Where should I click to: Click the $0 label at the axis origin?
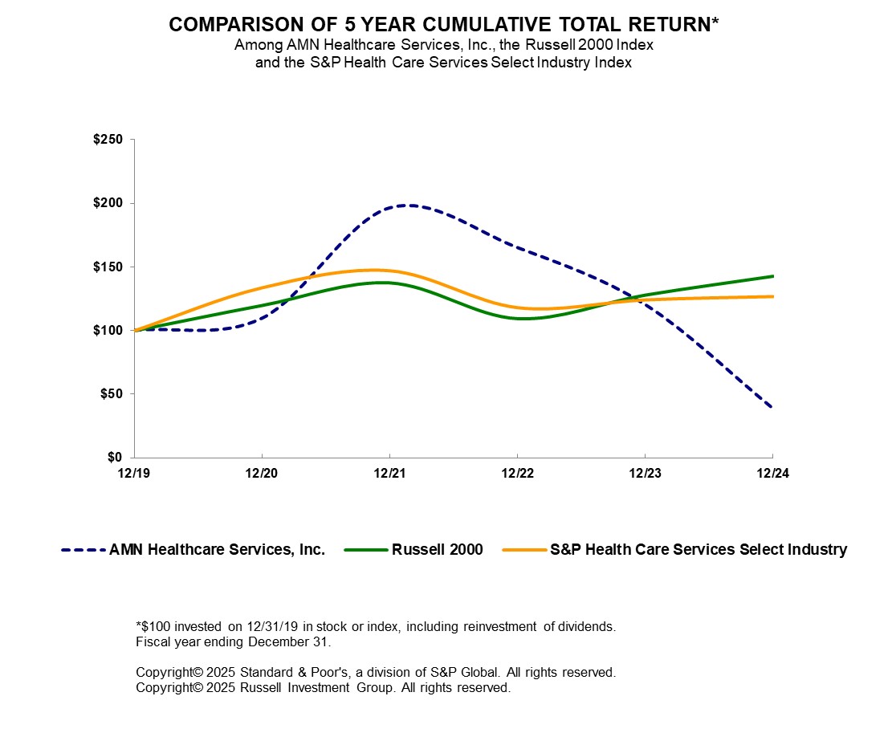point(116,458)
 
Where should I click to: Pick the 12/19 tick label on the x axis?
point(134,473)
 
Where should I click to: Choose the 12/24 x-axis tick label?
point(772,473)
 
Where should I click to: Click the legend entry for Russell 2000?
point(438,550)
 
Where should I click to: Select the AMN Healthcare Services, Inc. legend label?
point(217,550)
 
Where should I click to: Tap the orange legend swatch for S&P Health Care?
point(523,550)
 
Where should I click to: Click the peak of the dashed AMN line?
point(409,205)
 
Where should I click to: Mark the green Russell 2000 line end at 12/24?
point(772,276)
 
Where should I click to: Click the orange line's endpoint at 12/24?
point(772,296)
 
